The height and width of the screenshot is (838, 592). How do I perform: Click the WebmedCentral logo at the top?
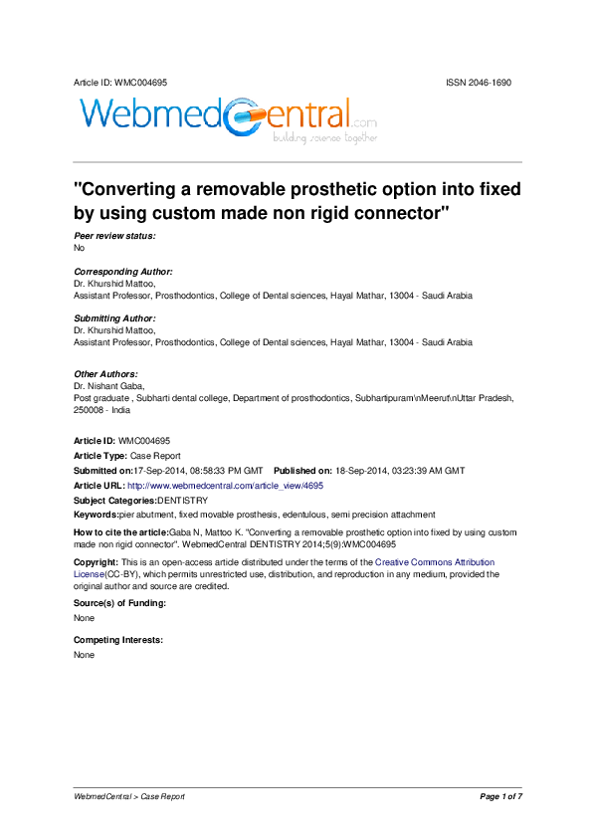[x=227, y=118]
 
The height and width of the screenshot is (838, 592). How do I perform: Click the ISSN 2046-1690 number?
[x=479, y=83]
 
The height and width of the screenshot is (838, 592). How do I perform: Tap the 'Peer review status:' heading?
[x=114, y=236]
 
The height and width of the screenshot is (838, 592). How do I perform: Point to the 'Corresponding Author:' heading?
[x=123, y=272]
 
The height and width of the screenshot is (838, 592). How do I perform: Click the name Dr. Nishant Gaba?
[x=110, y=385]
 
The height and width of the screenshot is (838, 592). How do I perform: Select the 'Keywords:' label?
[x=97, y=515]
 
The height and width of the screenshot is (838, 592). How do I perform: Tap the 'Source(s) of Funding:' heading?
[x=119, y=604]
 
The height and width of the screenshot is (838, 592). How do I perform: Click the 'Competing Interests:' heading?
[x=118, y=640]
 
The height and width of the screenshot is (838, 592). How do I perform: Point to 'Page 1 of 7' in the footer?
[x=500, y=796]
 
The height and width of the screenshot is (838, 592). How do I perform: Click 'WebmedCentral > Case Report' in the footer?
[x=129, y=796]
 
